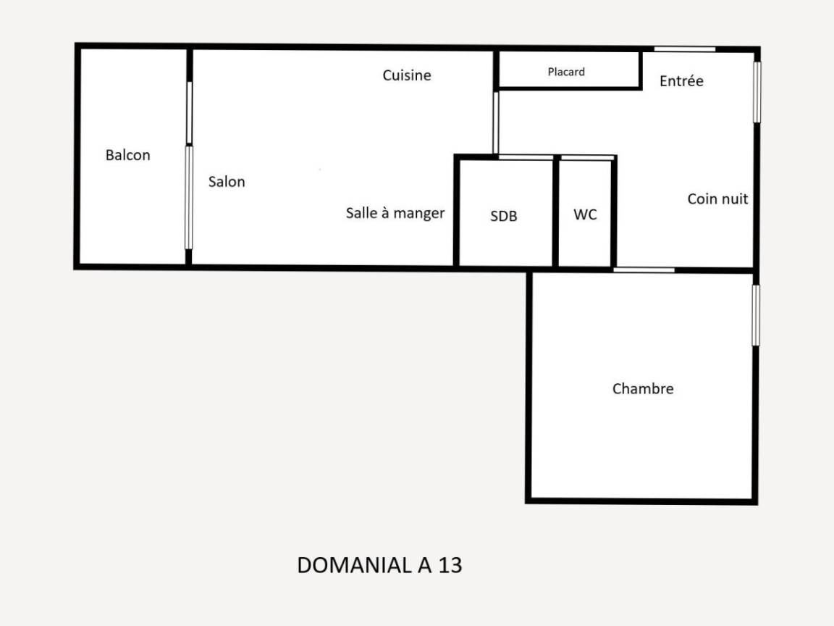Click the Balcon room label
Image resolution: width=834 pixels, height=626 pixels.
coord(127,155)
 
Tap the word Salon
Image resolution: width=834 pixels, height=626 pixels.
coord(227,182)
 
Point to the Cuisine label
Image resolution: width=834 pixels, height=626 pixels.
coord(407,75)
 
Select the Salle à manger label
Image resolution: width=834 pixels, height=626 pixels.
coord(395,213)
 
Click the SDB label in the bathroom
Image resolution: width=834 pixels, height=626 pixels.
coord(504,216)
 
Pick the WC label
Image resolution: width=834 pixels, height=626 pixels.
coord(585,214)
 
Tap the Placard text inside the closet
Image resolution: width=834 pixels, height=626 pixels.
coord(566,71)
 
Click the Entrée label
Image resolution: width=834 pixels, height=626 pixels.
coord(681,80)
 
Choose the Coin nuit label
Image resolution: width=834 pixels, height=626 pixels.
coord(717,199)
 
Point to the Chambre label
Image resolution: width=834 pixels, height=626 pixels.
coord(643,388)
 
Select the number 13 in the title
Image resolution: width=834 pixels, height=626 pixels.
coord(450,565)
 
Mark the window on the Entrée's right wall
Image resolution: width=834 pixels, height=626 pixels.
coord(757,92)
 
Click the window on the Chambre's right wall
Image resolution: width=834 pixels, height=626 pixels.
coord(756,315)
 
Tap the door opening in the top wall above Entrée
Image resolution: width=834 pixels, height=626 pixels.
coord(685,49)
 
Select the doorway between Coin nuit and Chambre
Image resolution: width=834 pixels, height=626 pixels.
coord(644,270)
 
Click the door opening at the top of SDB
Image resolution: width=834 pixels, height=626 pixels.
coord(526,157)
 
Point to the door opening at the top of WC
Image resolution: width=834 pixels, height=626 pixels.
coord(587,157)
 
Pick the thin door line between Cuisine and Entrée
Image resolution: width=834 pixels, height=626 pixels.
coord(496,123)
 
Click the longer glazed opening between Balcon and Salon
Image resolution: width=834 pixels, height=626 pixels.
coord(188,198)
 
